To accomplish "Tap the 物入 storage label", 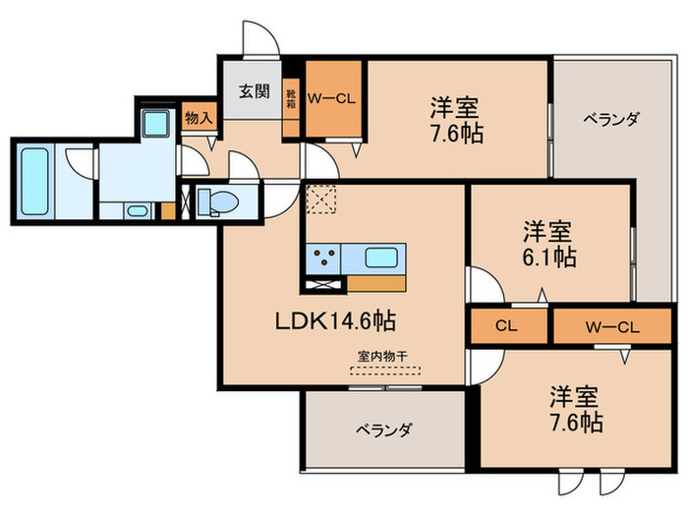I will (199, 118).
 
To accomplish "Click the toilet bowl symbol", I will (219, 202).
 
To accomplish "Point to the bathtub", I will (33, 181).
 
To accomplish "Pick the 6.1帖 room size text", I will (548, 258).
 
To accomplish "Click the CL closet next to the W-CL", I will (507, 325).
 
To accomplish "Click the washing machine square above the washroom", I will (154, 124).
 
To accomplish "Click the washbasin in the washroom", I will (135, 209).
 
